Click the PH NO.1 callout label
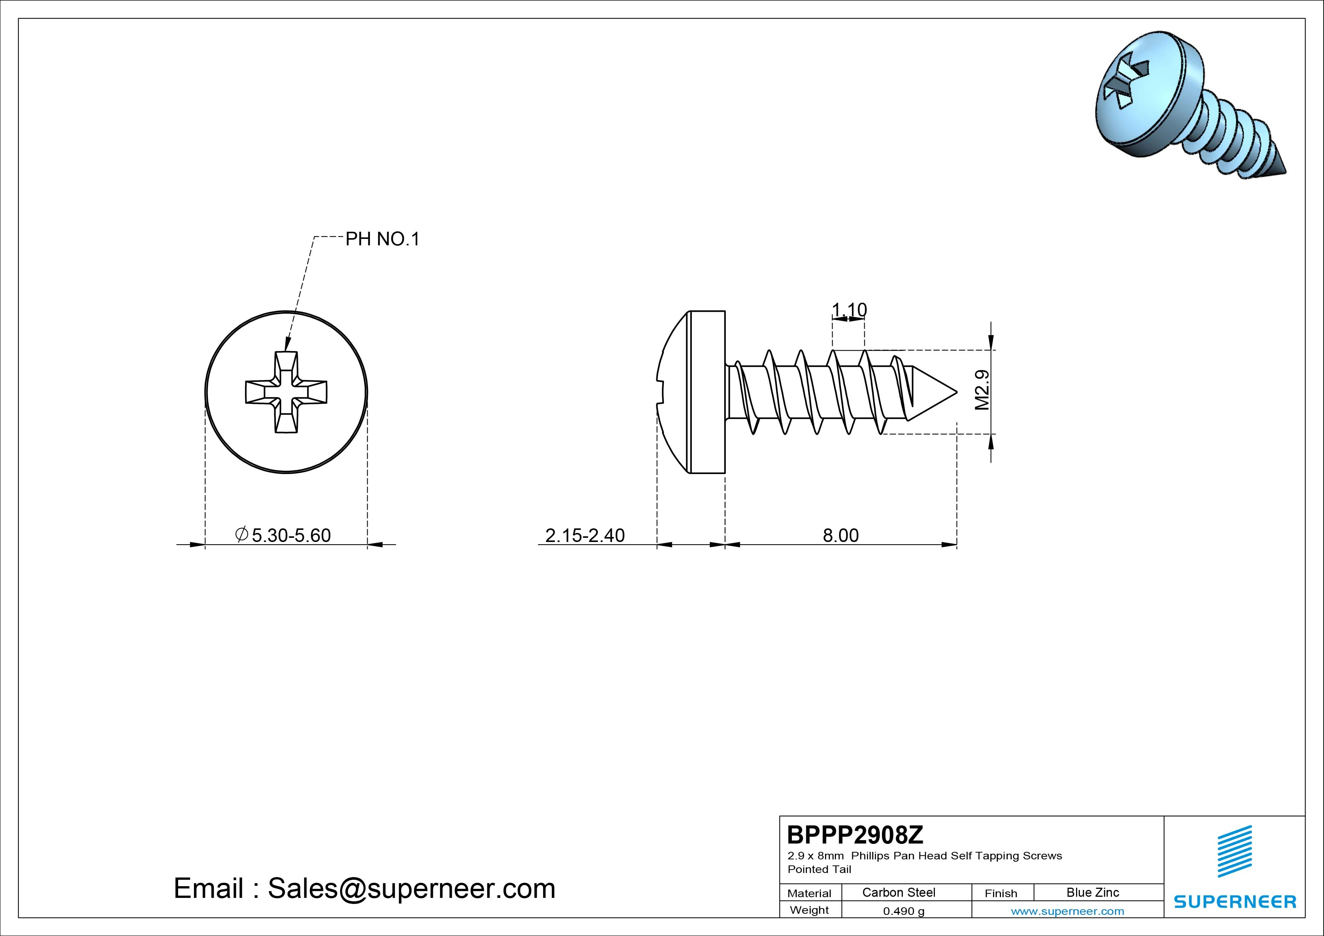pos(382,239)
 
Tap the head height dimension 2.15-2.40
pos(585,535)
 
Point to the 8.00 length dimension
pos(841,535)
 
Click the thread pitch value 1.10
pos(849,310)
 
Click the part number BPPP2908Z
pos(855,834)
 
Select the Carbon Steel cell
pos(898,892)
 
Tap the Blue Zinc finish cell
pos(1093,892)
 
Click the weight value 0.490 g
pos(904,911)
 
